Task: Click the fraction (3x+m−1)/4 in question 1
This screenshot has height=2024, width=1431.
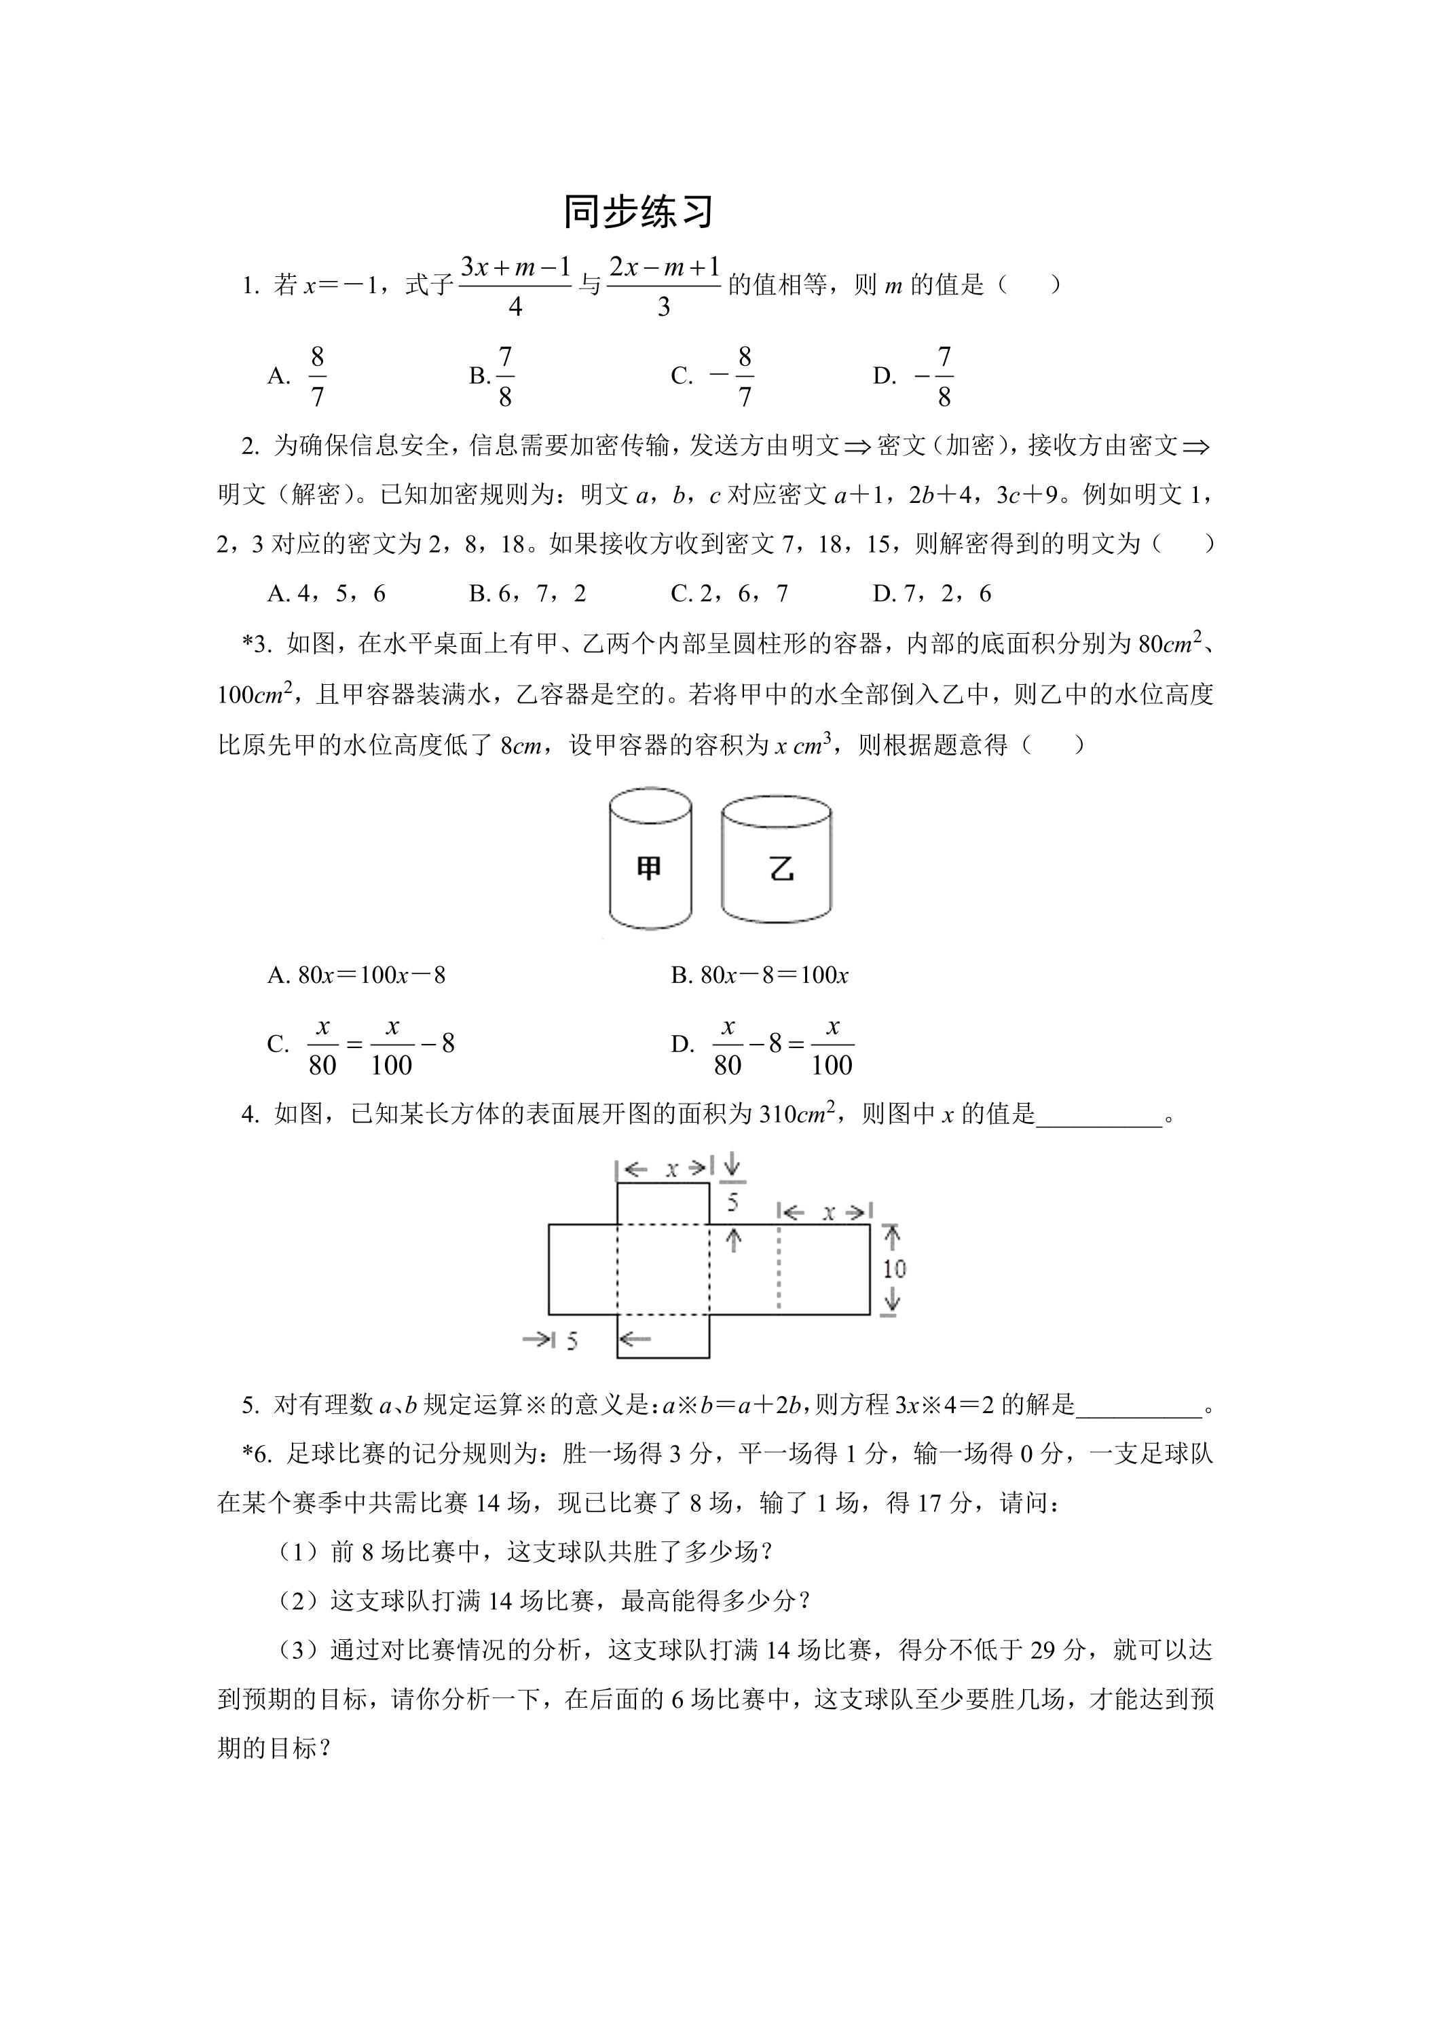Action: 516,285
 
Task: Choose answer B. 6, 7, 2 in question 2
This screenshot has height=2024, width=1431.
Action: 527,593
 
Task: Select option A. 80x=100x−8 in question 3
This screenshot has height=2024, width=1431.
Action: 356,975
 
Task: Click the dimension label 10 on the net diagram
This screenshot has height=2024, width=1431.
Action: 894,1269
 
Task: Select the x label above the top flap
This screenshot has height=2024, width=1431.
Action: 672,1169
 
